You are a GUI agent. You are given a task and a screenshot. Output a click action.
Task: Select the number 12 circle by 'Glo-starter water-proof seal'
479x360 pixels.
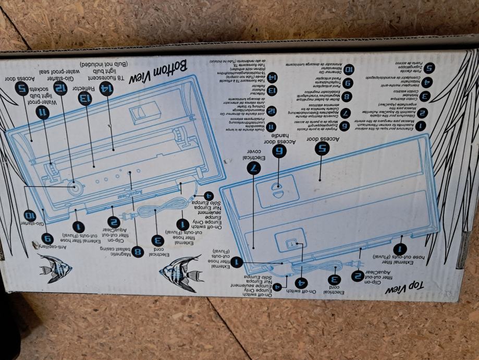[62, 88]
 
